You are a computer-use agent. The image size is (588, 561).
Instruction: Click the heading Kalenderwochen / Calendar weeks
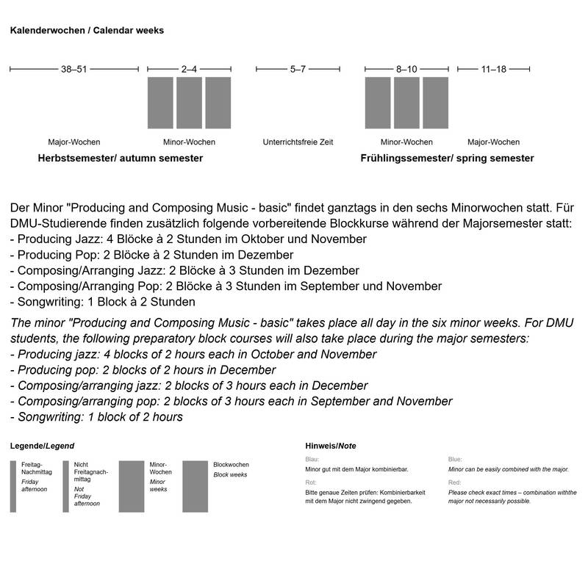tap(86, 31)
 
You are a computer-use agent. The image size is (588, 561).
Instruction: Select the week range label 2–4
tap(189, 69)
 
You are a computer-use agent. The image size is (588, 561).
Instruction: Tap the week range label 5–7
tap(298, 69)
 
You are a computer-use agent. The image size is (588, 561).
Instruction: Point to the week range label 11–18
tap(493, 69)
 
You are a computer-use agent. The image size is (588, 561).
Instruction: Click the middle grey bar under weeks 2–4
tap(189, 103)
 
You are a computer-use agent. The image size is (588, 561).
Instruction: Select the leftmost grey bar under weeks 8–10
tap(378, 103)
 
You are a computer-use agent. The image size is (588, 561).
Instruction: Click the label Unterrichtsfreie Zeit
tap(298, 142)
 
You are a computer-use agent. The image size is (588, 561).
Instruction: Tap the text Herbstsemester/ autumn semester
tap(120, 159)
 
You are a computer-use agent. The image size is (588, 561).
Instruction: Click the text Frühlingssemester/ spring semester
tap(447, 159)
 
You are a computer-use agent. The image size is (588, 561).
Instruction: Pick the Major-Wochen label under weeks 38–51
tap(73, 142)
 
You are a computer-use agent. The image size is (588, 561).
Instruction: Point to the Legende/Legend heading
tap(41, 446)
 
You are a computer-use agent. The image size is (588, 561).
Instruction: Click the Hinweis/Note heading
tap(330, 446)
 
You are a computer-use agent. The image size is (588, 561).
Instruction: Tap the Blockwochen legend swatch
tap(196, 486)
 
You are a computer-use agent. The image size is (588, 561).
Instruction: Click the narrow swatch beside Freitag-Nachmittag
tap(13, 486)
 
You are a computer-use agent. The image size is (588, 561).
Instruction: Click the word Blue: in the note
tap(455, 460)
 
